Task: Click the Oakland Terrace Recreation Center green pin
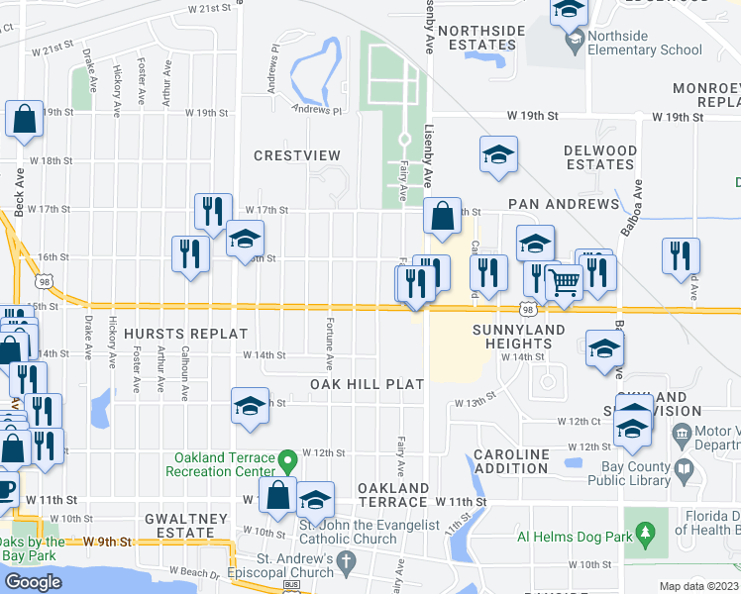point(287,461)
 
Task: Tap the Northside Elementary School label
point(644,43)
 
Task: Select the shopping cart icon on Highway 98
point(564,282)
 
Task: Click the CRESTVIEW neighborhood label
point(297,155)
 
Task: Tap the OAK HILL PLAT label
point(367,383)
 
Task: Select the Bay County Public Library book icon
point(683,466)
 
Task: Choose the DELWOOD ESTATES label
point(599,157)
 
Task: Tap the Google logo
point(33,581)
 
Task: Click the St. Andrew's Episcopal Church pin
point(345,561)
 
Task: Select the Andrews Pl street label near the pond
point(316,111)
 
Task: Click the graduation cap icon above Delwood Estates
point(499,153)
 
